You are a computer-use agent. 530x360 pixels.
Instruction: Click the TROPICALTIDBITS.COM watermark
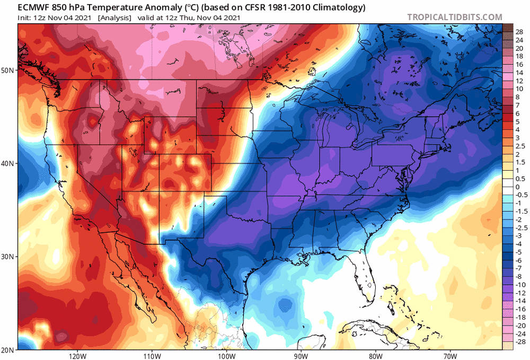(x=454, y=17)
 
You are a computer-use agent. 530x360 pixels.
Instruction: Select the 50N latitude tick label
(x=8, y=70)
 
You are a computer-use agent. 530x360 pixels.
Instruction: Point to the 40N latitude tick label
(x=8, y=163)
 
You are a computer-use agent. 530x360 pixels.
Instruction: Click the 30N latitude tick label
(x=8, y=257)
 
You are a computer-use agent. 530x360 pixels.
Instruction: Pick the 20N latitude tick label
(x=8, y=350)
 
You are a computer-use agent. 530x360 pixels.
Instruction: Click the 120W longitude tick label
(x=77, y=355)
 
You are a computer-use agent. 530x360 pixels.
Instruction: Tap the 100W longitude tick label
(x=226, y=355)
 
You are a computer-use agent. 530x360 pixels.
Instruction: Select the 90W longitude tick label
(x=301, y=355)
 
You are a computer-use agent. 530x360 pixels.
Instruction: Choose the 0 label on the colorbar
(x=517, y=187)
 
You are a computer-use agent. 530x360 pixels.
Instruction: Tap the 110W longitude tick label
(x=152, y=355)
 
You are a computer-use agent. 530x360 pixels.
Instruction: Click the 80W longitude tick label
(x=375, y=355)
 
